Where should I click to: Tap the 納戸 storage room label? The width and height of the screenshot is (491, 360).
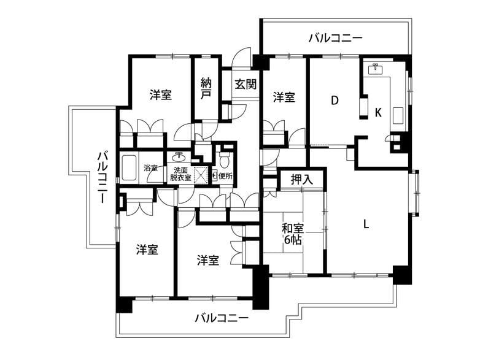[x=206, y=90]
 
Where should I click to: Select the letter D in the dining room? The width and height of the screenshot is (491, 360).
[x=334, y=101]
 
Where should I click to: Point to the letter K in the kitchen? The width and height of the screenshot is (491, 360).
[x=378, y=112]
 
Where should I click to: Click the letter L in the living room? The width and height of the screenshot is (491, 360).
[x=366, y=224]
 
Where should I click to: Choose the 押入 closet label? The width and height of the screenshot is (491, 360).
[x=301, y=180]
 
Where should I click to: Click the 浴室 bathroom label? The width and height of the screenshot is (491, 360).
[x=150, y=167]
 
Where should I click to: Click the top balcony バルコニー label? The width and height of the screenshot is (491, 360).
[x=335, y=38]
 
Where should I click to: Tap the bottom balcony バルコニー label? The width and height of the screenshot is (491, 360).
[x=222, y=318]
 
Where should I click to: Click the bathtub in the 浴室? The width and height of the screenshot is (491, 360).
[x=130, y=168]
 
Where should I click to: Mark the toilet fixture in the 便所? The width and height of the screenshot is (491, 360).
[x=225, y=161]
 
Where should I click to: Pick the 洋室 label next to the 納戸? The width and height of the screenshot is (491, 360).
[x=161, y=95]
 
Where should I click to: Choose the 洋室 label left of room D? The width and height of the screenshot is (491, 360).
[x=284, y=97]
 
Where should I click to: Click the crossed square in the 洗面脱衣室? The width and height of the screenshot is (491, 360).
[x=200, y=174]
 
